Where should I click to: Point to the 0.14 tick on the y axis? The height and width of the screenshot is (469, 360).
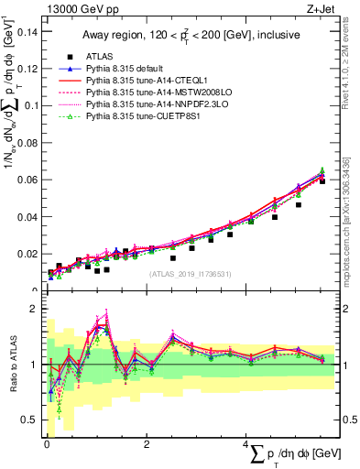coord(27,31)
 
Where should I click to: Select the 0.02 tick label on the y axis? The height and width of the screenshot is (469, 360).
coord(27,254)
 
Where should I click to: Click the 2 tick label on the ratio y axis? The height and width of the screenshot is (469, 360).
coord(34,310)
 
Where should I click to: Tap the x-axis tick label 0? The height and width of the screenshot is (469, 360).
coord(46,444)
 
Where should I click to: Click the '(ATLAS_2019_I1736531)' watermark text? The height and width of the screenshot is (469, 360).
coord(191,274)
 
